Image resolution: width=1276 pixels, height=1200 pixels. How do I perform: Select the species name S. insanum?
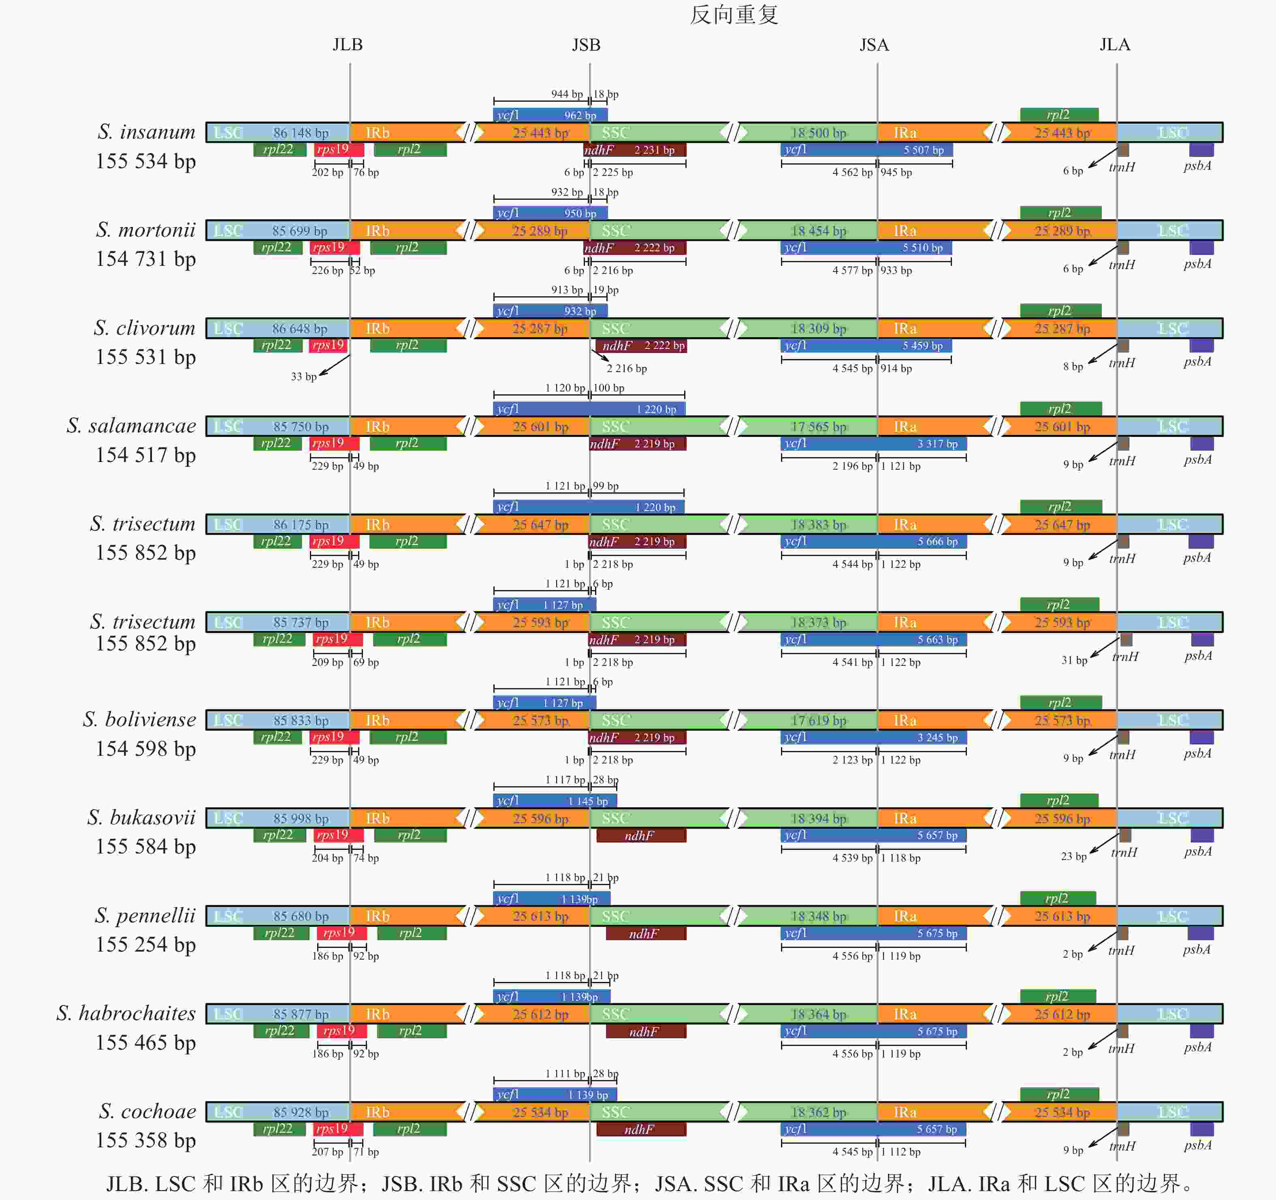click(146, 132)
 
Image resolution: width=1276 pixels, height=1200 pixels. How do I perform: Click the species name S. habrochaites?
click(126, 1013)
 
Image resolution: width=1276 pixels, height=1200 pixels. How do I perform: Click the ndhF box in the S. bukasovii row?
click(640, 835)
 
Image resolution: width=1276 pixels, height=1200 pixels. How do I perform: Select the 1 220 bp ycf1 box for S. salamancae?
click(589, 409)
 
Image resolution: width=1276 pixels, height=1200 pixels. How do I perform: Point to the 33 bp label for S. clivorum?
click(303, 376)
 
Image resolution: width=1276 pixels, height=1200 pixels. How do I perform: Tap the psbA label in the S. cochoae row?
click(1197, 1145)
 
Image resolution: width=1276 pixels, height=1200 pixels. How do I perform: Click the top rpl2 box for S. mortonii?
click(1060, 212)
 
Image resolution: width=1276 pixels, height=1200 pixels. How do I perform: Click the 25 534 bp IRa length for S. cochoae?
click(1062, 1112)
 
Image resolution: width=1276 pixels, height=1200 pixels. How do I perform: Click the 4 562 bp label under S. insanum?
click(852, 172)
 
